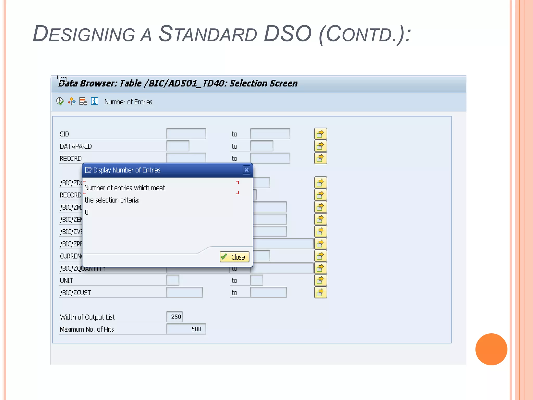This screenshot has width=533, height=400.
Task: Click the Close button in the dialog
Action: point(234,257)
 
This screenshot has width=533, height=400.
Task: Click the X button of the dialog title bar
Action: point(246,170)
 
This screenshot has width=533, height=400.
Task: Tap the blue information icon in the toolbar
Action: point(94,101)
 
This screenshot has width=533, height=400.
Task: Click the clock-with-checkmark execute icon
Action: point(60,101)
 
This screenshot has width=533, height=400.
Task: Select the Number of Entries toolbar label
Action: point(128,102)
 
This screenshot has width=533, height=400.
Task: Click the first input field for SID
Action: point(186,134)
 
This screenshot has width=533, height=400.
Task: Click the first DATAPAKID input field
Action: point(178,146)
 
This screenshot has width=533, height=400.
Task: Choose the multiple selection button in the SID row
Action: point(320,134)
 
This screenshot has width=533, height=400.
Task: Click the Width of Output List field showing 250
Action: point(175,317)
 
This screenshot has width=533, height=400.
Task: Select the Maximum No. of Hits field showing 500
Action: point(186,329)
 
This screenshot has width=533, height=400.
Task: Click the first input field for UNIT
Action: point(173,280)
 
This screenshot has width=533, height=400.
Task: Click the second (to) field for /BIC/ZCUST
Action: point(268,293)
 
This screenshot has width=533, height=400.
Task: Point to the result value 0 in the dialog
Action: point(87,213)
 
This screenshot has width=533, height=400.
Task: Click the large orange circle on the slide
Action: point(491,349)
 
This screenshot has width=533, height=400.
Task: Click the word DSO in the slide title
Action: point(287,34)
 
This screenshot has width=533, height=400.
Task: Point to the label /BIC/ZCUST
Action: point(75,293)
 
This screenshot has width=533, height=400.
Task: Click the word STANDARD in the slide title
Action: point(208,34)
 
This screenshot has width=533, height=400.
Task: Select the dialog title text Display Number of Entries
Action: point(127,170)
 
